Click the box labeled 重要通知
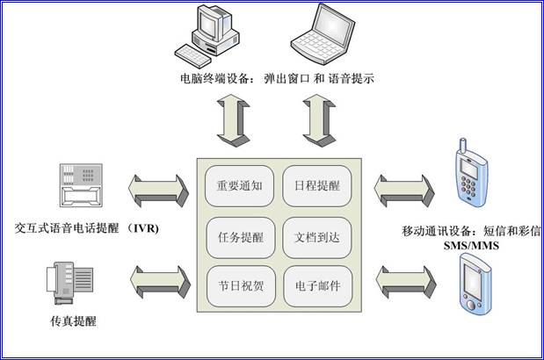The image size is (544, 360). tap(240, 186)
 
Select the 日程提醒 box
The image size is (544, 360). tap(317, 186)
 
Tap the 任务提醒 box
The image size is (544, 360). tap(240, 236)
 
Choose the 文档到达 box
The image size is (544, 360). tap(317, 236)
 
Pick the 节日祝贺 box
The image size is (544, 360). tap(240, 286)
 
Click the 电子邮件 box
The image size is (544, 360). tap(317, 286)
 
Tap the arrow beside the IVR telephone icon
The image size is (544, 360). tap(159, 187)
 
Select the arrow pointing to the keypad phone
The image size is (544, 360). tap(400, 187)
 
